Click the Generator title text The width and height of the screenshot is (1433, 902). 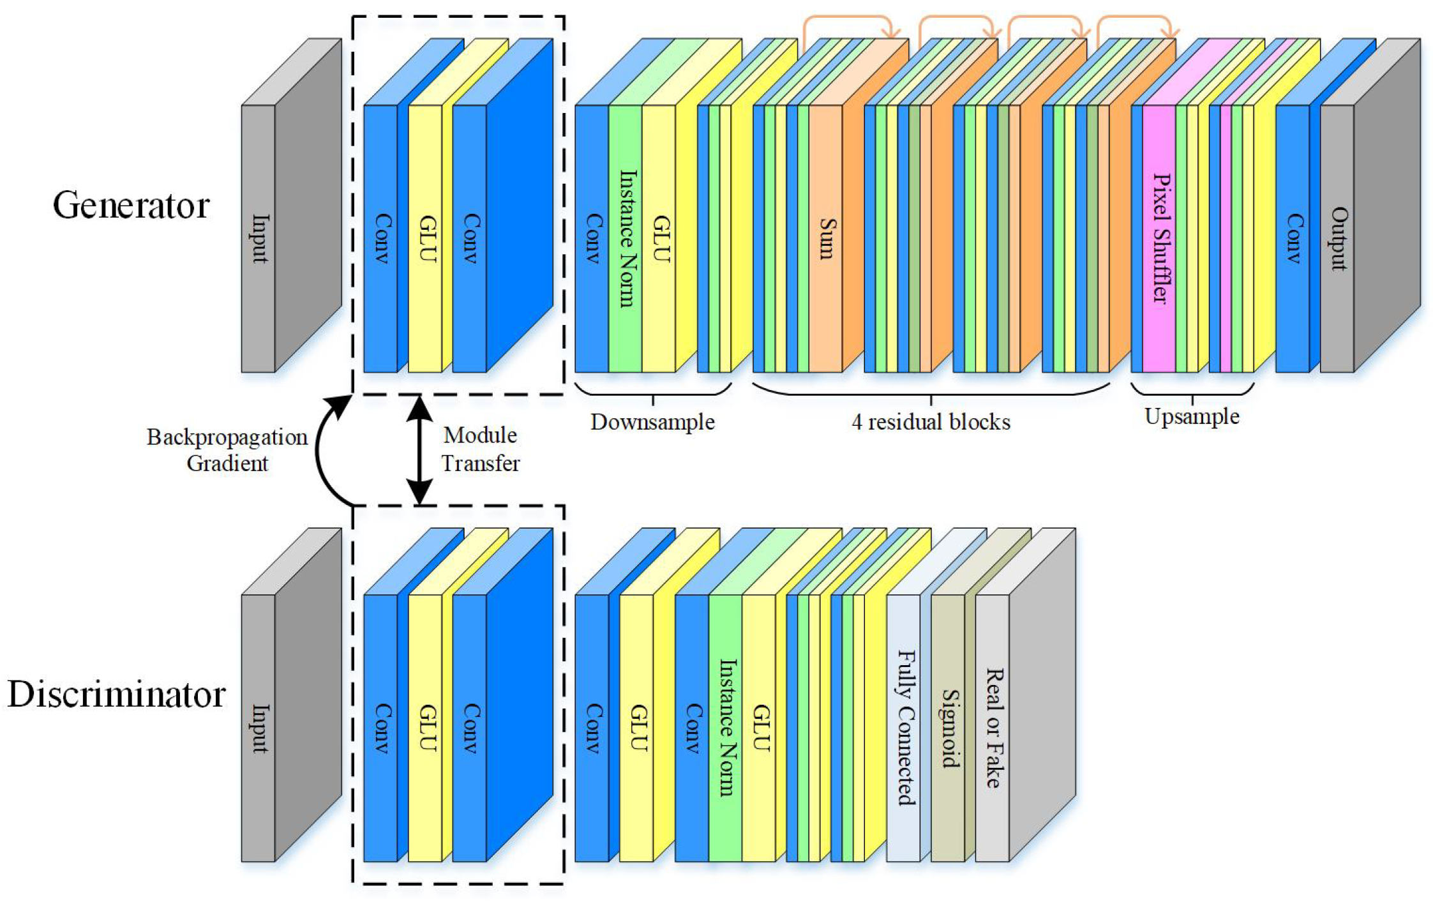coord(131,206)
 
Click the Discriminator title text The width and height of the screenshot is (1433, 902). coord(116,695)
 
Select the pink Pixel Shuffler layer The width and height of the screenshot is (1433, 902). coord(1159,239)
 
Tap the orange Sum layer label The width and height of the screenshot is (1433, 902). coord(826,239)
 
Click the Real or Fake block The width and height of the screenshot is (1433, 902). coord(993,728)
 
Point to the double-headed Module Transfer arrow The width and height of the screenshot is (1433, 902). coord(419,450)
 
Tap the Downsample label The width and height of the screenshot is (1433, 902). coord(652,422)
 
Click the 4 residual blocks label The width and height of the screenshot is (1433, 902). coord(931,422)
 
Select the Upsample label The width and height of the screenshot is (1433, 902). coord(1192,416)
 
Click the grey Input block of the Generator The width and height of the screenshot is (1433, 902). coord(259,239)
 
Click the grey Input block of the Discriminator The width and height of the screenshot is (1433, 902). coord(259,728)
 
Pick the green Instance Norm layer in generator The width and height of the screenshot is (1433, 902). coord(626,239)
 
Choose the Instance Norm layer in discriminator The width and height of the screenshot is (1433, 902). coord(726,728)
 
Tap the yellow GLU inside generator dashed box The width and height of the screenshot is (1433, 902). coord(425,239)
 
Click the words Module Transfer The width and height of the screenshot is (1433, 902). coord(481,449)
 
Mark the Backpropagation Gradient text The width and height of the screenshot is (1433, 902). coord(227,449)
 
